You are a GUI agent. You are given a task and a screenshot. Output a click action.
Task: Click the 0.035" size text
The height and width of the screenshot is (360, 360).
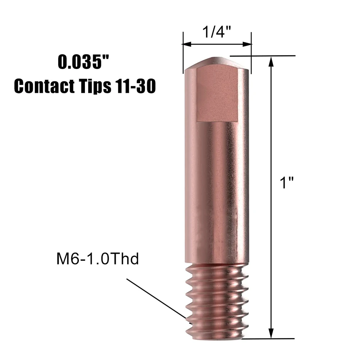pyautogui.click(x=85, y=62)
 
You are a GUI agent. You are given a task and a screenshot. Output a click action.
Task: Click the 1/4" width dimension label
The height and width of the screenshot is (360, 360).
pyautogui.click(x=217, y=33)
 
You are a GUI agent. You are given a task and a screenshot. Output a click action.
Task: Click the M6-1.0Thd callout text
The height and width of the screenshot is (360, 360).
pyautogui.click(x=97, y=259)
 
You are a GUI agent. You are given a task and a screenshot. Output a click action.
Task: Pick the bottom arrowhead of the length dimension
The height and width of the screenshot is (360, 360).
pyautogui.click(x=272, y=333)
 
